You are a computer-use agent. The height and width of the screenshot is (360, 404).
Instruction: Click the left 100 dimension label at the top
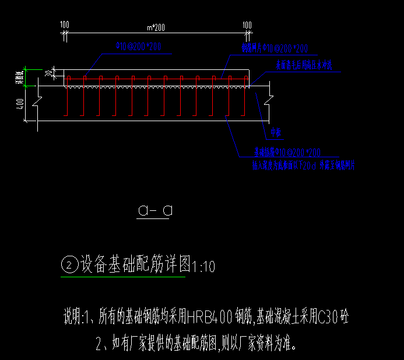[64, 24]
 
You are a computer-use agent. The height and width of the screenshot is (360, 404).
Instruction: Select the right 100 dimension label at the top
[247, 24]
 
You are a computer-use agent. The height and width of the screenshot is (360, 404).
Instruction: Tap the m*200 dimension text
[155, 27]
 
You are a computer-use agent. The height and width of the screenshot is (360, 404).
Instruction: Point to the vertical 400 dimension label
[20, 103]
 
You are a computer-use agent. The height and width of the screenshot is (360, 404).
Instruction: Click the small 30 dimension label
[48, 72]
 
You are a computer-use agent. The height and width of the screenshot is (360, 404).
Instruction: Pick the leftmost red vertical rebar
[68, 96]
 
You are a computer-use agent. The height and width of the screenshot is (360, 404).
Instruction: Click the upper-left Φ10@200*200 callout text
[138, 47]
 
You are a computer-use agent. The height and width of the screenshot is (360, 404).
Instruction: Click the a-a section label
[154, 210]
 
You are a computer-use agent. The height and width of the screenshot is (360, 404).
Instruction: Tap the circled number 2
[69, 266]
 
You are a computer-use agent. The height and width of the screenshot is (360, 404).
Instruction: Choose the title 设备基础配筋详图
[135, 266]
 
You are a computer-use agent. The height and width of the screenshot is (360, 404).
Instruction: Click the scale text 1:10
[203, 267]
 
